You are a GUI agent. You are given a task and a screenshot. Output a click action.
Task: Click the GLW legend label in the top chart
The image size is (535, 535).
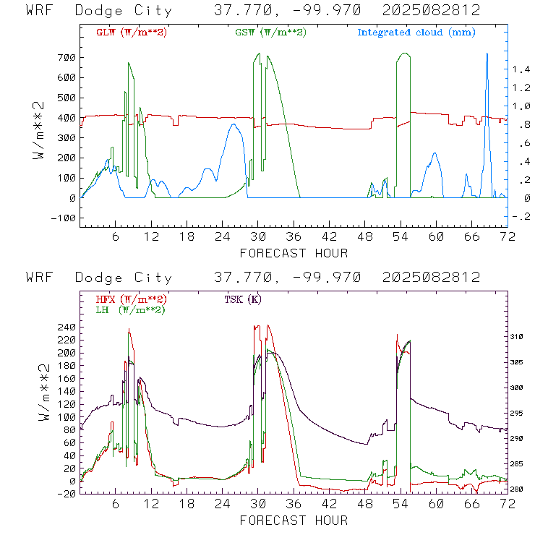pyautogui.click(x=132, y=33)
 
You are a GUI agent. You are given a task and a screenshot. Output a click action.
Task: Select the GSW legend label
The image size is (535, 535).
pyautogui.click(x=270, y=33)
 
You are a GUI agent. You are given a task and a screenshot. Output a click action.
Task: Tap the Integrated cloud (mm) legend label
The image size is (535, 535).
pyautogui.click(x=416, y=33)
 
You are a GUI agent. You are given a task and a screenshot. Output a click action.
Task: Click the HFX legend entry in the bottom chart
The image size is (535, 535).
pyautogui.click(x=132, y=299)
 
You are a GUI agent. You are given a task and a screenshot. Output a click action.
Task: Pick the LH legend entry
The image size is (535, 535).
pyautogui.click(x=131, y=310)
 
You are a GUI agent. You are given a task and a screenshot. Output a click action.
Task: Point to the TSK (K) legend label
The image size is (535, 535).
pyautogui.click(x=243, y=299)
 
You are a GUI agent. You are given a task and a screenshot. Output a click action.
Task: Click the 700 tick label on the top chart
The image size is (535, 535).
pyautogui.click(x=67, y=57)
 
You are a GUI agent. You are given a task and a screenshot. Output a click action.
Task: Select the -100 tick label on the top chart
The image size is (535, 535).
pyautogui.click(x=64, y=218)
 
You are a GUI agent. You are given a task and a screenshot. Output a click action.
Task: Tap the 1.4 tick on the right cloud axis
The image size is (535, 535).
pyautogui.click(x=522, y=69)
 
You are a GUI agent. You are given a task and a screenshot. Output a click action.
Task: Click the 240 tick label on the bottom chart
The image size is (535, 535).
pyautogui.click(x=67, y=328)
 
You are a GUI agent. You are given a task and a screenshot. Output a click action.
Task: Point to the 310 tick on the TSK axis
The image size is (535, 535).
pyautogui.click(x=517, y=337)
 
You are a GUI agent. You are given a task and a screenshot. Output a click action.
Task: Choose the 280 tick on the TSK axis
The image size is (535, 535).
pyautogui.click(x=517, y=489)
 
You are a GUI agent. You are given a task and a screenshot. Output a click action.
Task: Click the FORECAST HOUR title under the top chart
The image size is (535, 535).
pyautogui.click(x=294, y=253)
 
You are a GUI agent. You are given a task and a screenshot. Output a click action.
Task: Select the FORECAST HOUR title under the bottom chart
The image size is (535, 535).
pyautogui.click(x=294, y=521)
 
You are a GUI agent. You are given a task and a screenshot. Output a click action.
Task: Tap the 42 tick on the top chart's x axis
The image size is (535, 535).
pyautogui.click(x=329, y=236)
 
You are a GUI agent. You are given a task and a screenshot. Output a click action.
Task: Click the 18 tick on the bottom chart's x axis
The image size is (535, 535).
pyautogui.click(x=187, y=504)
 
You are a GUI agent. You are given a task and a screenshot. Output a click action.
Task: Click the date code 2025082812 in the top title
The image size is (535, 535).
pyautogui.click(x=432, y=10)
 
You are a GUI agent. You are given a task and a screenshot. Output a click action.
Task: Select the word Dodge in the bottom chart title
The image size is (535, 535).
pyautogui.click(x=98, y=278)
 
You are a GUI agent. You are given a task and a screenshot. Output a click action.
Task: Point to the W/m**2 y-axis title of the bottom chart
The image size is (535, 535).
pyautogui.click(x=44, y=393)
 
